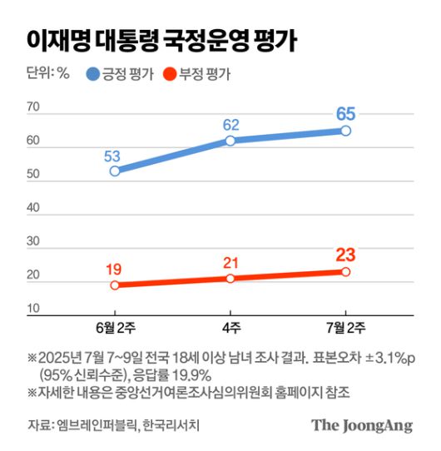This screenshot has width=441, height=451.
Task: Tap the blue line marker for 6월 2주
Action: tap(115, 171)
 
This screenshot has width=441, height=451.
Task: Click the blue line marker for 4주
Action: tap(230, 141)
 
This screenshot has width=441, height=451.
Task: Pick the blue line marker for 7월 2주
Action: tap(345, 131)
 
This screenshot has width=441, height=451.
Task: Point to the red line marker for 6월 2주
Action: tap(115, 285)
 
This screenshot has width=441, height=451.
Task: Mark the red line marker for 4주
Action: tap(230, 278)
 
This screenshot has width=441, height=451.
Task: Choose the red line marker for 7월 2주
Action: tap(345, 271)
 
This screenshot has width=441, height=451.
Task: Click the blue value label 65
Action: tap(345, 113)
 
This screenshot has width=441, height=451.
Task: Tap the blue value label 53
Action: tap(115, 155)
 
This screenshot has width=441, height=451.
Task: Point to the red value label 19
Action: tap(115, 269)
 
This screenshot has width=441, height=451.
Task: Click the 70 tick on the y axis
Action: tap(34, 107)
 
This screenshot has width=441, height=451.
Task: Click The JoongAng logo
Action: tap(362, 425)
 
